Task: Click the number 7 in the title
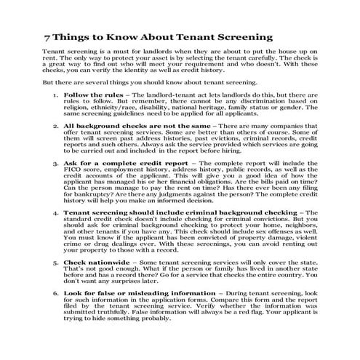pos(47,36)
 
